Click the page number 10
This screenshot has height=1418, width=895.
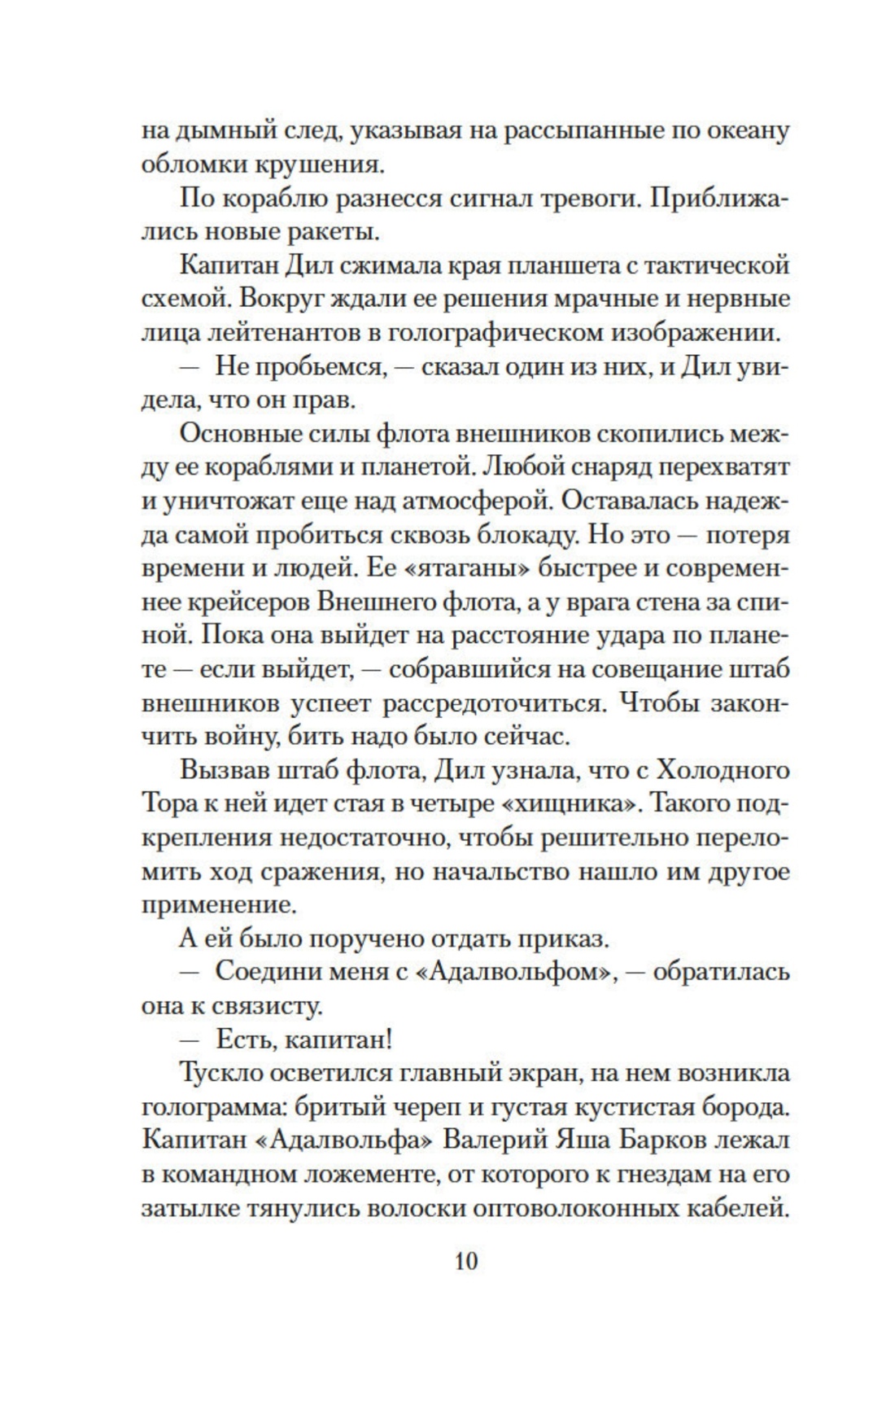click(466, 1262)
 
